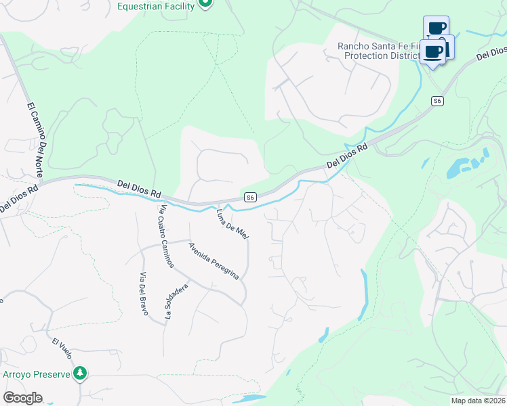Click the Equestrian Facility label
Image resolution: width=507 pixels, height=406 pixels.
click(x=156, y=6)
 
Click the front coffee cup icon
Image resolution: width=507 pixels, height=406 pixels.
click(x=432, y=52)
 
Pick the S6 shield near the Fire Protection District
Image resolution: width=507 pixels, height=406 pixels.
click(x=438, y=101)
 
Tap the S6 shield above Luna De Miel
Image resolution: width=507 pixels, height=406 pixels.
click(x=250, y=197)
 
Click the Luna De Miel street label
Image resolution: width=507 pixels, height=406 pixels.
click(x=232, y=223)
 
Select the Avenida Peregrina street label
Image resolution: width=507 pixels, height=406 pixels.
click(x=214, y=261)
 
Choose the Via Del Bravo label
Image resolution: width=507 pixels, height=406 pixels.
click(x=144, y=294)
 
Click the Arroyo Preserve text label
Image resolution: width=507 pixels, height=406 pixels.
click(x=37, y=374)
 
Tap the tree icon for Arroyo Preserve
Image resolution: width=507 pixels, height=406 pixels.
click(x=81, y=373)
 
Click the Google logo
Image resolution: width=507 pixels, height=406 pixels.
click(x=22, y=398)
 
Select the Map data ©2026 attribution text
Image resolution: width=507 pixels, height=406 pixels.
click(x=478, y=401)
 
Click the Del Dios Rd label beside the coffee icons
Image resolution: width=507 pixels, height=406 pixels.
click(x=491, y=53)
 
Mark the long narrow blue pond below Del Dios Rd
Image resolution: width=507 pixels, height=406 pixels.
click(x=365, y=294)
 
